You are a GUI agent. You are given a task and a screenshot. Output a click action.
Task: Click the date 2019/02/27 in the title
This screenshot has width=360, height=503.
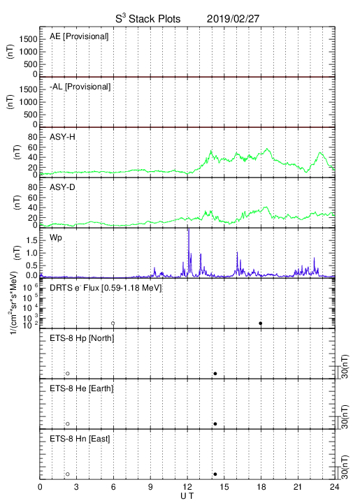pos(233,19)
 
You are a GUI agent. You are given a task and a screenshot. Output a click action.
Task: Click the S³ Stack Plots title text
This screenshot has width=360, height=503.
pos(148,19)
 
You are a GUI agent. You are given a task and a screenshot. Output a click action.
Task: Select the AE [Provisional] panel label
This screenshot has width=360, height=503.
pos(79,36)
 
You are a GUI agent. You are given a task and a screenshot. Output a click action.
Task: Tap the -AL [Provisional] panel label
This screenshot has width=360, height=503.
pos(80,87)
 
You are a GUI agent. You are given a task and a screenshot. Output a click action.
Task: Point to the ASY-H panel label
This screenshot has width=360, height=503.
pos(62,138)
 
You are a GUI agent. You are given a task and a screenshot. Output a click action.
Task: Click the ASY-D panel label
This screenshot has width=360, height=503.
pos(62,187)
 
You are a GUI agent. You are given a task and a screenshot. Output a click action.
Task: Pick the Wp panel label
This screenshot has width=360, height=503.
pos(56,238)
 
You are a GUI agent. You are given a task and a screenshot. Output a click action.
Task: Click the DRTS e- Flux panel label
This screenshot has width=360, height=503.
pos(106,288)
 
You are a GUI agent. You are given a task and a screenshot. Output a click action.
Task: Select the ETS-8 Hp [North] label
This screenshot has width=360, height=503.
pos(82,338)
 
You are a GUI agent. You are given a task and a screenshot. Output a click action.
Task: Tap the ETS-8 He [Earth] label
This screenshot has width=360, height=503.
pos(82,388)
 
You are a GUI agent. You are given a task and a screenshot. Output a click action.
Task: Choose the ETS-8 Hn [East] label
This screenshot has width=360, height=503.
pos(80,439)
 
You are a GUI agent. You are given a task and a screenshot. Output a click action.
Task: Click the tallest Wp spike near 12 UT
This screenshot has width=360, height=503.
pos(189,229)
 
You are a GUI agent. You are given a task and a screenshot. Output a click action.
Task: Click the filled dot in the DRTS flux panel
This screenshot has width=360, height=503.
pos(261,323)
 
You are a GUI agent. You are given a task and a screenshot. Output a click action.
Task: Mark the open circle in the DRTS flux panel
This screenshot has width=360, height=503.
pos(113,323)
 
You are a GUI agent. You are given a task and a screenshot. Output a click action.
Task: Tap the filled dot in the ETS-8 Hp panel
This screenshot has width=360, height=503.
pos(215,373)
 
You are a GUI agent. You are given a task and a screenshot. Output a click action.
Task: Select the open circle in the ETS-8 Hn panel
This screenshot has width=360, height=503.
pos(68,474)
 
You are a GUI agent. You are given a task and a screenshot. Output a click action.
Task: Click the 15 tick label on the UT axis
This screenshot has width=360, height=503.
pos(224,487)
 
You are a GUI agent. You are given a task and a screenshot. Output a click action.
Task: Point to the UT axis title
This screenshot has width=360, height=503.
pos(187,496)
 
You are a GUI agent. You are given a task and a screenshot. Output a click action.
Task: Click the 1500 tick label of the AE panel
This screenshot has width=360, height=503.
pos(28,39)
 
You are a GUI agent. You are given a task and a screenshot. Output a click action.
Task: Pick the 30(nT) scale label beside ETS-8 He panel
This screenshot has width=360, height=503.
pos(345,417)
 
